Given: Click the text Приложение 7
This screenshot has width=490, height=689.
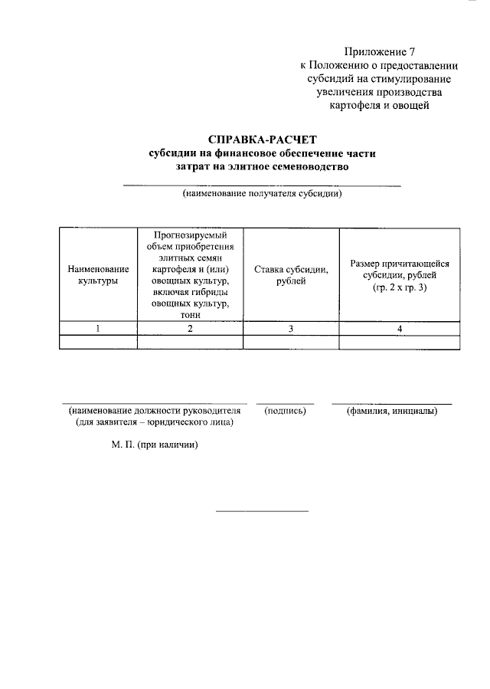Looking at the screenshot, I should [380, 52].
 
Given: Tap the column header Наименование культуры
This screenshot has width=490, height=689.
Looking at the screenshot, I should [98, 275].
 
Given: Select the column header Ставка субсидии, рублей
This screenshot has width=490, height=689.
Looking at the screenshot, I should [291, 275].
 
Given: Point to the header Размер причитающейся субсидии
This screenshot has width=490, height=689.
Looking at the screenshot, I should [400, 269].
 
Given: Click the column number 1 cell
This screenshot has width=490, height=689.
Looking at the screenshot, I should [98, 329].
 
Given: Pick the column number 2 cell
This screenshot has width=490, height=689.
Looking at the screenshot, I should [190, 329].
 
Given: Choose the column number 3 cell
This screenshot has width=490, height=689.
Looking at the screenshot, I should [291, 329].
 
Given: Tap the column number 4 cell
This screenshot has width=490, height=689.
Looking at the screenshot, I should [400, 329].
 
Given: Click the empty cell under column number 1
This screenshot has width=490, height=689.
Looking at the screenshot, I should [98, 343].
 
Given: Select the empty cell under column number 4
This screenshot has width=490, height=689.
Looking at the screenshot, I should [400, 343].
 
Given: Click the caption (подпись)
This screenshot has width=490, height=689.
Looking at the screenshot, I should [285, 411].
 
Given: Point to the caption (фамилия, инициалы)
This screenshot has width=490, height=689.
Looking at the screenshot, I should [391, 411].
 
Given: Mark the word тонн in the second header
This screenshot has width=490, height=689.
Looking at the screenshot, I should [190, 314].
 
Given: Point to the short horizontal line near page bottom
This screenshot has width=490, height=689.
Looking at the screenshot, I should [262, 510].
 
